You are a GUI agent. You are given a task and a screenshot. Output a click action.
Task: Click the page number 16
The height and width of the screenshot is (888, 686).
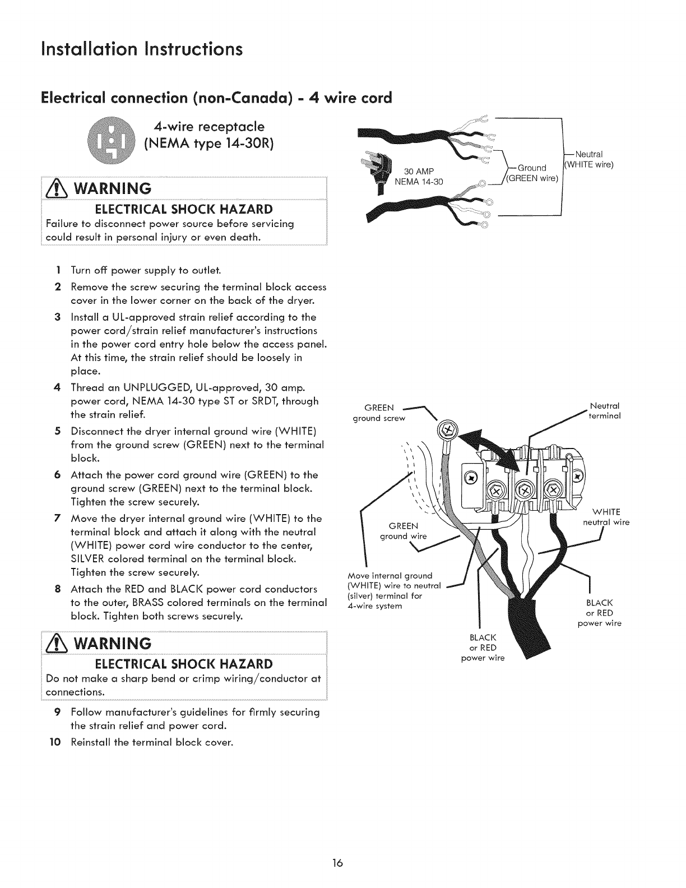click(343, 862)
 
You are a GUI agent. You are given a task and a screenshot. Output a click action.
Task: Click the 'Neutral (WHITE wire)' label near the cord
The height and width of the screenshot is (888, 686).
click(589, 160)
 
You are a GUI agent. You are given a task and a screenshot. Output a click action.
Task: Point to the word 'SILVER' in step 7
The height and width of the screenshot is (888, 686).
click(87, 559)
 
